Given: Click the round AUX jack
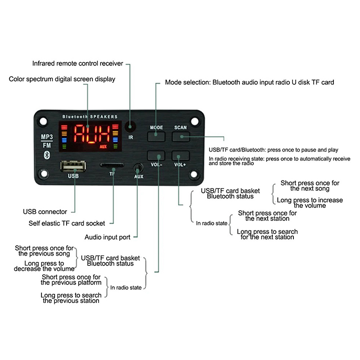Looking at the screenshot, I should pos(138,169).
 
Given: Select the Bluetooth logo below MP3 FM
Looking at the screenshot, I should pos(45,154).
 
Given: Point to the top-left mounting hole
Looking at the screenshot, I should pos(43,121).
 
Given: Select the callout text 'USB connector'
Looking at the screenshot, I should pos(45,211).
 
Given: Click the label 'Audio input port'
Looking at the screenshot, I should pos(111,237).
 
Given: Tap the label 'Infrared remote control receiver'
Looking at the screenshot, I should pos(77,63).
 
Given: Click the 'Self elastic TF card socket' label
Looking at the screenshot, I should pos(67,223).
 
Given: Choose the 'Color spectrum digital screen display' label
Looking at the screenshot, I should pos(62,79).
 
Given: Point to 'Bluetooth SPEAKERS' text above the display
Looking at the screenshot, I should pos(90,117).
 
